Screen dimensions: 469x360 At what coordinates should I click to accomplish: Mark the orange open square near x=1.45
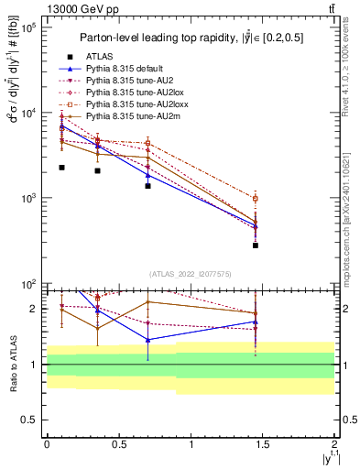[256, 199]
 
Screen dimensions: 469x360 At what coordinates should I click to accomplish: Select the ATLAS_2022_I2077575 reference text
[191, 274]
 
